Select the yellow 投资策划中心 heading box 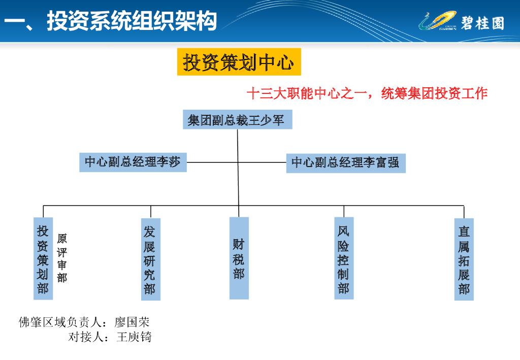(x=239, y=62)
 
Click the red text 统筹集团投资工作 (x=434, y=94)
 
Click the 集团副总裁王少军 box (x=237, y=120)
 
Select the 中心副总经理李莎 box (x=133, y=162)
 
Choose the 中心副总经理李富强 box (x=345, y=163)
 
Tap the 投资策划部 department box (x=43, y=259)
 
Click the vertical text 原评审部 (x=62, y=258)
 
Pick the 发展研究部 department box (x=150, y=259)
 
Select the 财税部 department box (x=239, y=258)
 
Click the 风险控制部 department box (x=344, y=258)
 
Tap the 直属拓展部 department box (x=464, y=259)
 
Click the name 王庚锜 (x=134, y=337)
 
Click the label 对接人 (x=84, y=337)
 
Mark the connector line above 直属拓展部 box (x=464, y=212)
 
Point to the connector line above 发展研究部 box (x=151, y=212)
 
